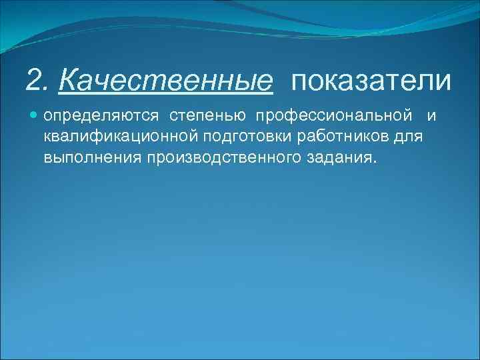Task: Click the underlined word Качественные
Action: pos(165,81)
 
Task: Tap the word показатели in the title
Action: pos(371,81)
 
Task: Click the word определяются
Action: pos(101,117)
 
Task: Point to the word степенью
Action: pos(208,117)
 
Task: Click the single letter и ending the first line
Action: pos(431,117)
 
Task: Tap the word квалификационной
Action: pos(121,137)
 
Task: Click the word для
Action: pos(412,137)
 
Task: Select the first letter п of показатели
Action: pos(297,83)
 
